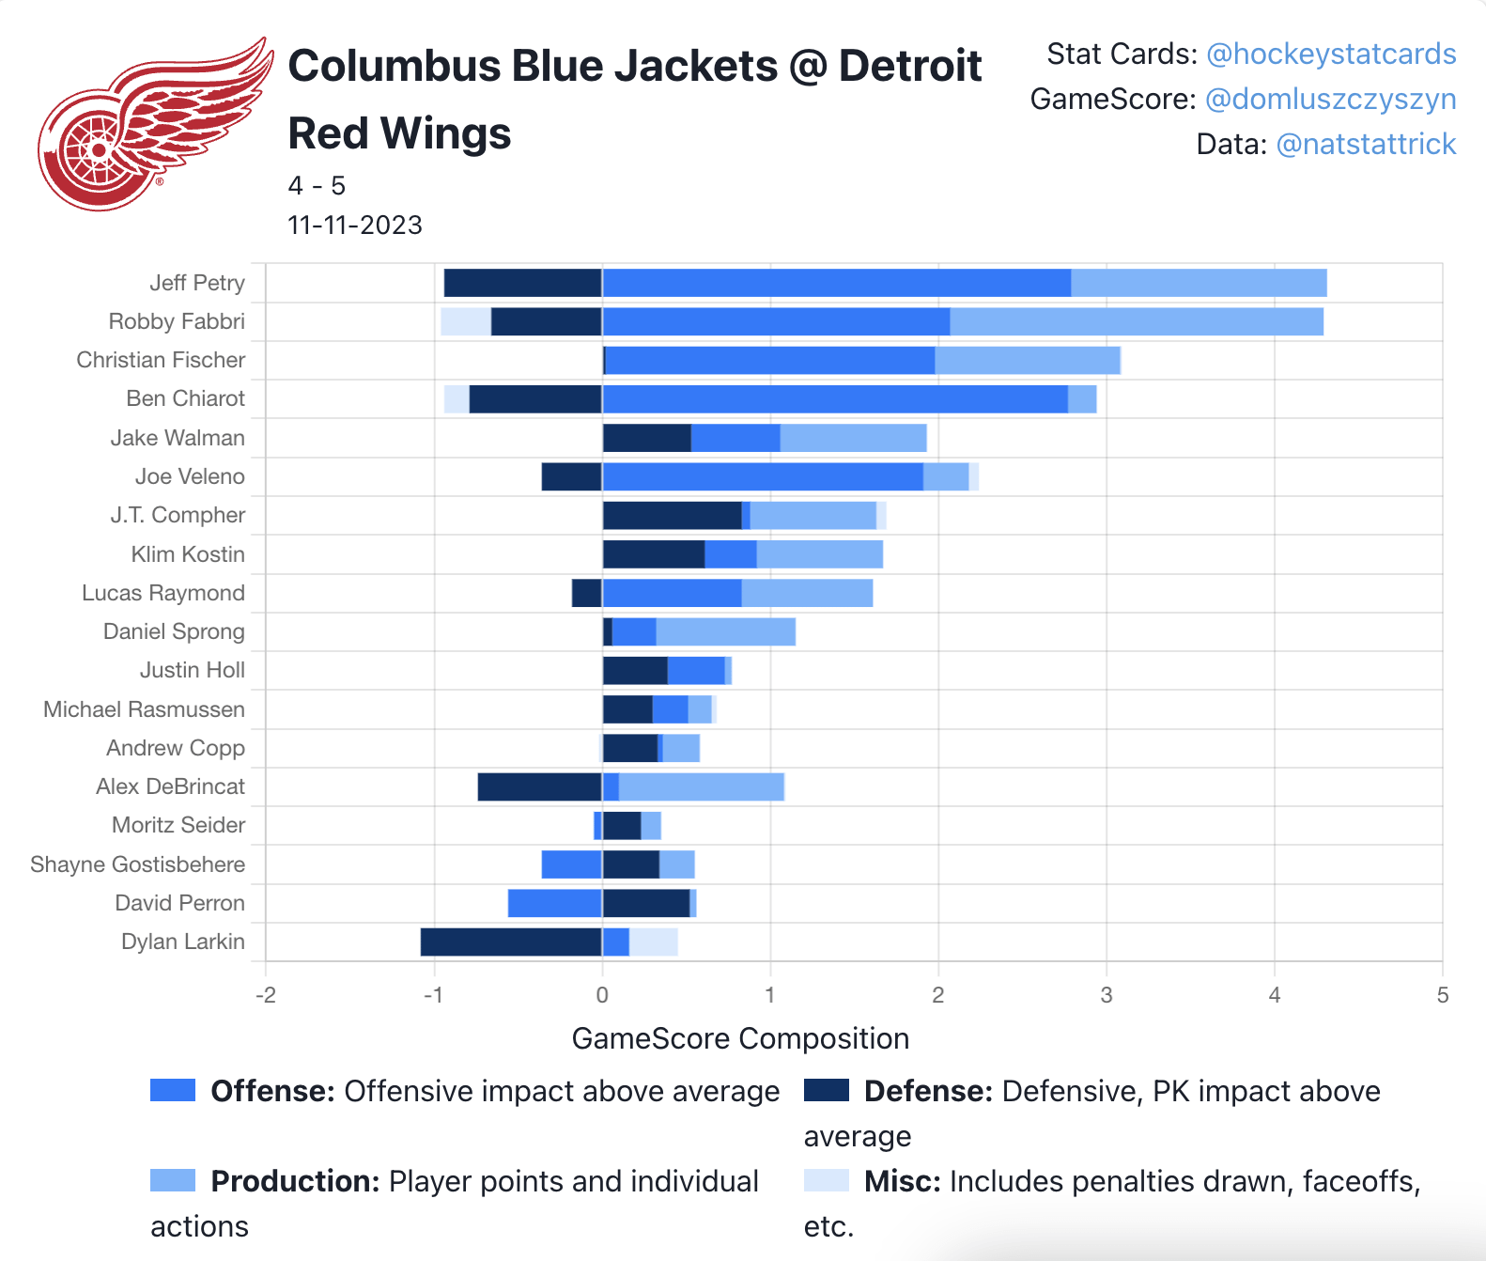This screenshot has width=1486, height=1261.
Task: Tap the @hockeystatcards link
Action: [x=1330, y=54]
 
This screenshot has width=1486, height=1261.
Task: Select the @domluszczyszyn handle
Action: [x=1330, y=100]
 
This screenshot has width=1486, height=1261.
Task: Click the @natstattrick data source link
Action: [x=1366, y=145]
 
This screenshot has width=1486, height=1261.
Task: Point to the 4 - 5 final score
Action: [x=317, y=186]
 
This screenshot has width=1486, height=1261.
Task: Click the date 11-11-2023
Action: [x=355, y=226]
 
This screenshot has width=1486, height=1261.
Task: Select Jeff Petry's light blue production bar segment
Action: [x=1199, y=283]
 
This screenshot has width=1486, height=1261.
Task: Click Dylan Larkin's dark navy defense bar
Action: [x=511, y=942]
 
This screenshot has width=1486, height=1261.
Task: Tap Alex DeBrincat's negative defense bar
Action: [x=539, y=786]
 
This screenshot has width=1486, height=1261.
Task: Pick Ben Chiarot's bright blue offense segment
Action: [x=834, y=398]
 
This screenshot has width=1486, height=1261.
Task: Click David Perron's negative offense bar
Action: [x=554, y=903]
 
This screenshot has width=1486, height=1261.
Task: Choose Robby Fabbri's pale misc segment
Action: [x=465, y=321]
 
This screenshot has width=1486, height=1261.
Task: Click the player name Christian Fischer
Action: [x=161, y=360]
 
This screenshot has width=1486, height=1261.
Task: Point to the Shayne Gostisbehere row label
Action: [x=137, y=864]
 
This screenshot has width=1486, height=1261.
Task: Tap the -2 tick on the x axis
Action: [x=265, y=995]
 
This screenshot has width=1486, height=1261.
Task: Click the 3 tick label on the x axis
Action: [x=1106, y=995]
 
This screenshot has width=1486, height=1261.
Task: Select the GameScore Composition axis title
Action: [x=740, y=1038]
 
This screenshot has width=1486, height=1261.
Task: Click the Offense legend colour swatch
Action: [x=173, y=1090]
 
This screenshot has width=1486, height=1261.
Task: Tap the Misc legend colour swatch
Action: [x=826, y=1180]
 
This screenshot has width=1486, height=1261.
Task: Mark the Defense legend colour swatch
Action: [x=826, y=1090]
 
